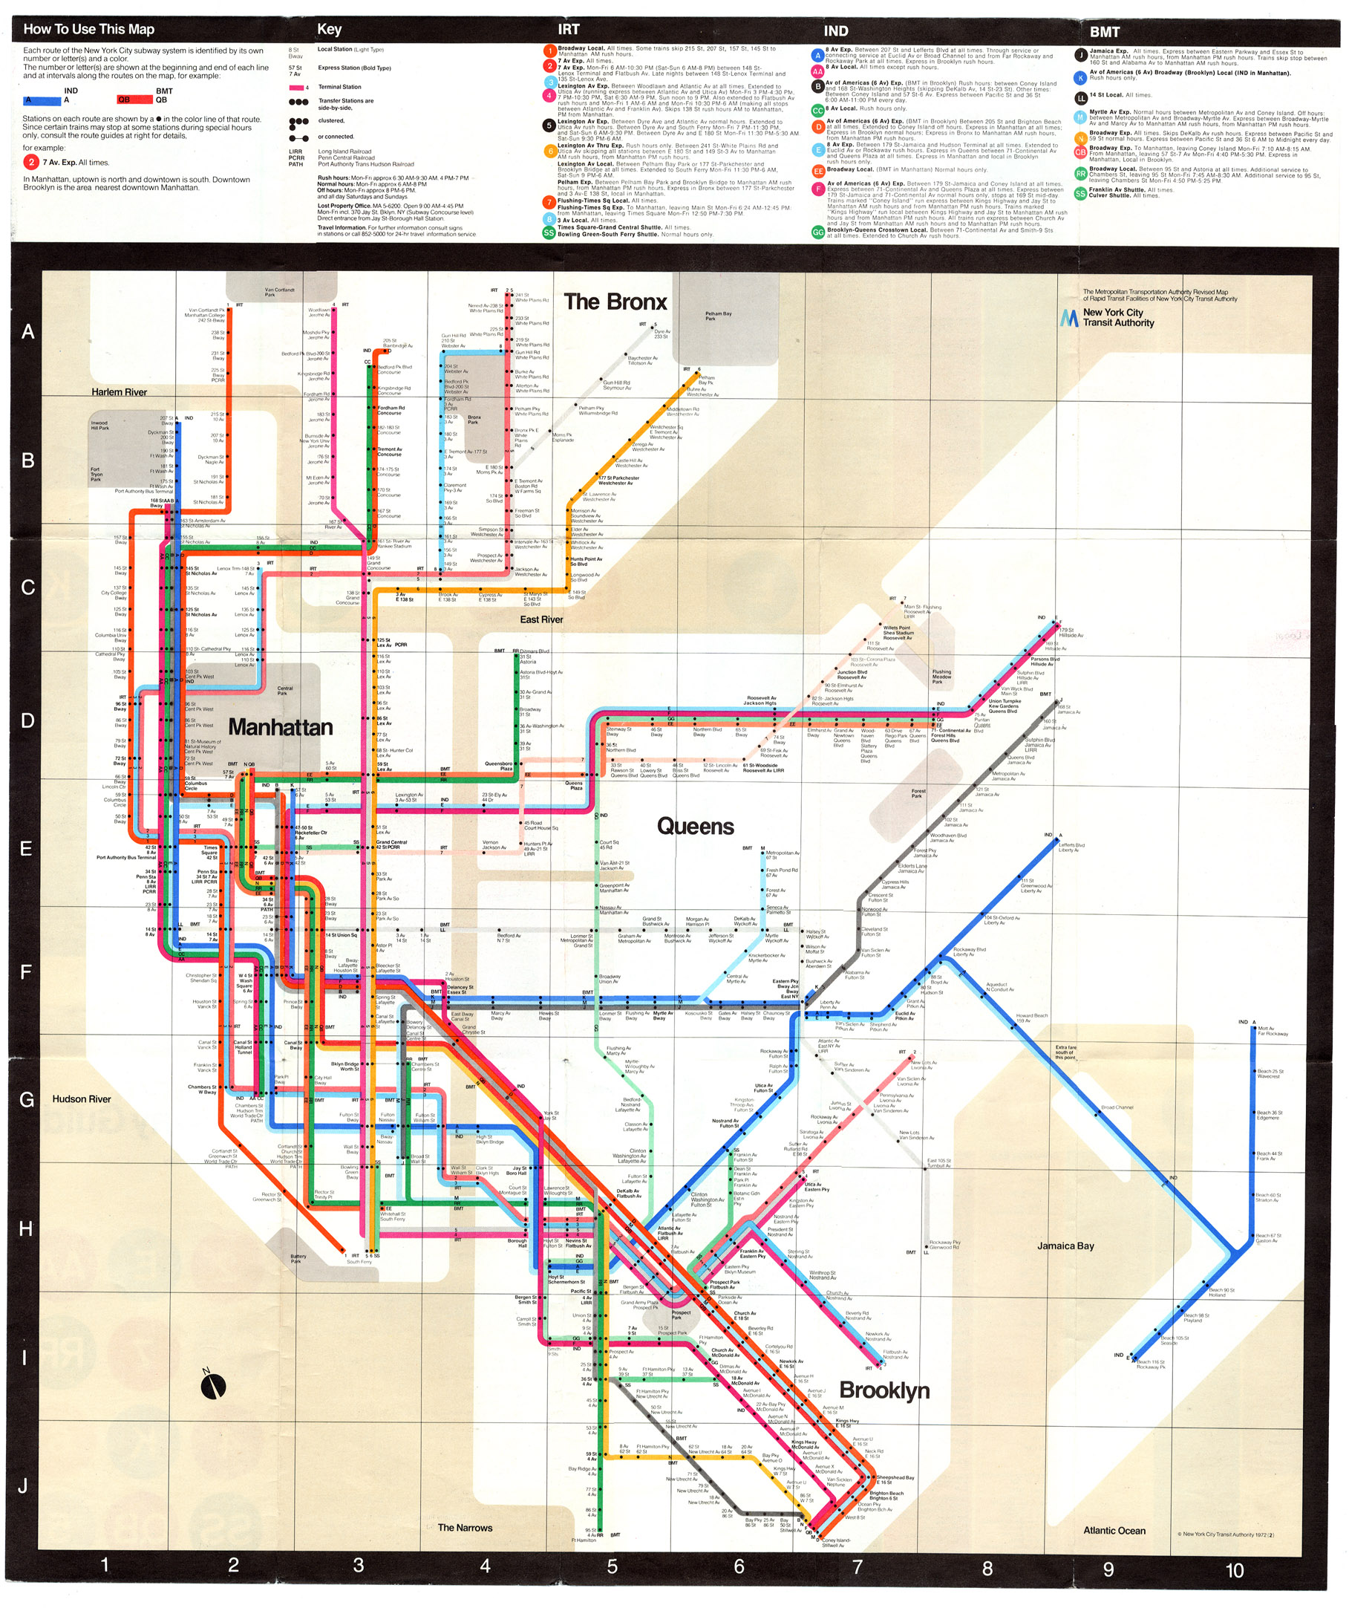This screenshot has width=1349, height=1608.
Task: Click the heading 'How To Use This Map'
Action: click(89, 30)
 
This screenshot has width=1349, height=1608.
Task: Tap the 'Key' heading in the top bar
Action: click(329, 30)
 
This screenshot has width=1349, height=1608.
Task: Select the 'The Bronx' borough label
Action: click(615, 302)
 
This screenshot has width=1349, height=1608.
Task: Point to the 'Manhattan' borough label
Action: click(280, 726)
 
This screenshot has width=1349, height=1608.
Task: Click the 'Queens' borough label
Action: click(695, 826)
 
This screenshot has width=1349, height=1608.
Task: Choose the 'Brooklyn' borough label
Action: click(884, 1390)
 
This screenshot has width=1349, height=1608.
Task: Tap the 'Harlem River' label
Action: click(120, 392)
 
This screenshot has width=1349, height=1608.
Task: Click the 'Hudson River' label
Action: click(82, 1098)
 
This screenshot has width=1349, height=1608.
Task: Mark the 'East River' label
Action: click(541, 619)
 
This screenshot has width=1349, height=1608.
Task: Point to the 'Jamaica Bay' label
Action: click(1065, 1246)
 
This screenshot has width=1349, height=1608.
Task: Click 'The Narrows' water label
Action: click(465, 1528)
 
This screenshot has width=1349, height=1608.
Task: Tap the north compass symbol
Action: click(214, 1385)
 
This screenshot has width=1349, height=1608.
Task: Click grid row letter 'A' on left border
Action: click(27, 331)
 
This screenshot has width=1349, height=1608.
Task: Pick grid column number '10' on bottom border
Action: click(1234, 1570)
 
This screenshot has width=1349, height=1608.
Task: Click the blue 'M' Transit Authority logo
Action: click(1069, 318)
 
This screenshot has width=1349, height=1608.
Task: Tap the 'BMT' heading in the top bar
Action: click(1105, 31)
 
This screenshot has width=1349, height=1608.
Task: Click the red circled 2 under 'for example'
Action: click(31, 163)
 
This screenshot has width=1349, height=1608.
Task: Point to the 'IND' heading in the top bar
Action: click(835, 31)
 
